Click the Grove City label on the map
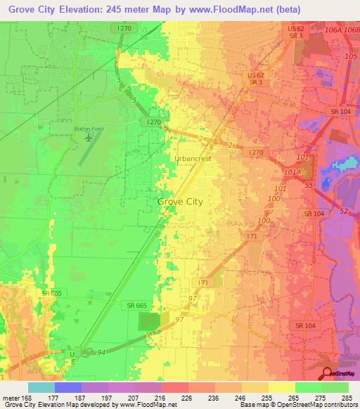180,202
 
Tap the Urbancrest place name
194,159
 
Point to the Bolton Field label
89,129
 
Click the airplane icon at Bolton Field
89,138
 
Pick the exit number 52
343,212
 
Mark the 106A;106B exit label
345,30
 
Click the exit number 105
350,56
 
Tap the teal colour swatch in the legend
41,387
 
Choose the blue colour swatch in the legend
68,387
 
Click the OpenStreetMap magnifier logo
326,374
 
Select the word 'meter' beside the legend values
11,398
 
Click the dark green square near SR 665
148,322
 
